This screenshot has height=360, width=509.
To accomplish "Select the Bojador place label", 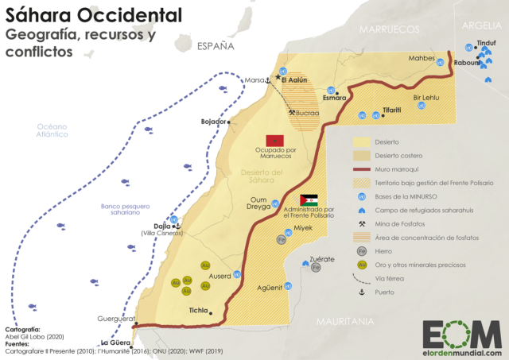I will pos(213,122).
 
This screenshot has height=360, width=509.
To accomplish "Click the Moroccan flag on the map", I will pos(273,141).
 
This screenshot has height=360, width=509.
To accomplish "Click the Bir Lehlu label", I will pos(426,99).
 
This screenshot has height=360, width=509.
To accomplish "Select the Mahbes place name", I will pos(422,57).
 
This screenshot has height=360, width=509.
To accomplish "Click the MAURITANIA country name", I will pos(344,322).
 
